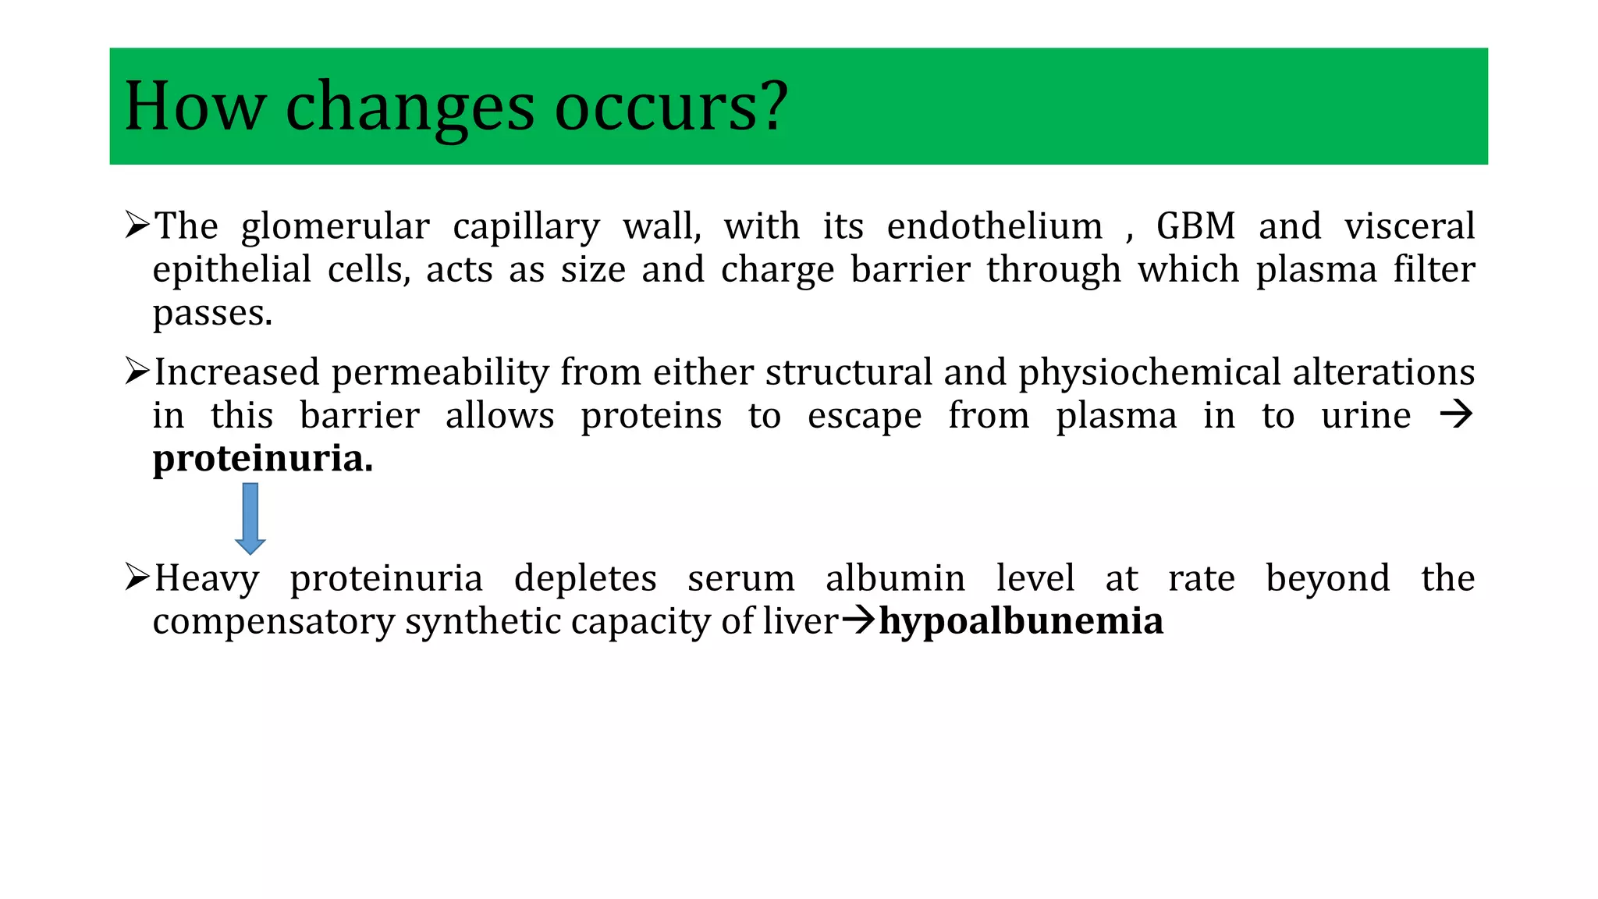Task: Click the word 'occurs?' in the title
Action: click(671, 106)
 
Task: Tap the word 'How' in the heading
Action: click(194, 106)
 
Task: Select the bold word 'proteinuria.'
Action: click(263, 458)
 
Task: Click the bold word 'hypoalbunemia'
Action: click(1021, 621)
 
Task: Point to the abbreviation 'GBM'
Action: click(1195, 226)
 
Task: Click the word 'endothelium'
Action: click(995, 226)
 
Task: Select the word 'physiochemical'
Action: click(1149, 372)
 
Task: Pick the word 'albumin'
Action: click(895, 578)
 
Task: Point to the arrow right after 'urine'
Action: click(1456, 414)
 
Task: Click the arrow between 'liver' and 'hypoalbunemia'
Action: click(859, 621)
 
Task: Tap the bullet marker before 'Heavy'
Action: click(137, 578)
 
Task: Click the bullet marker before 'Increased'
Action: click(137, 371)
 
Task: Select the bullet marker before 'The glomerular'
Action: click(137, 226)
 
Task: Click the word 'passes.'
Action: click(212, 314)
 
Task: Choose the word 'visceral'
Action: click(1409, 226)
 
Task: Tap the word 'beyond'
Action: click(1327, 578)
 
